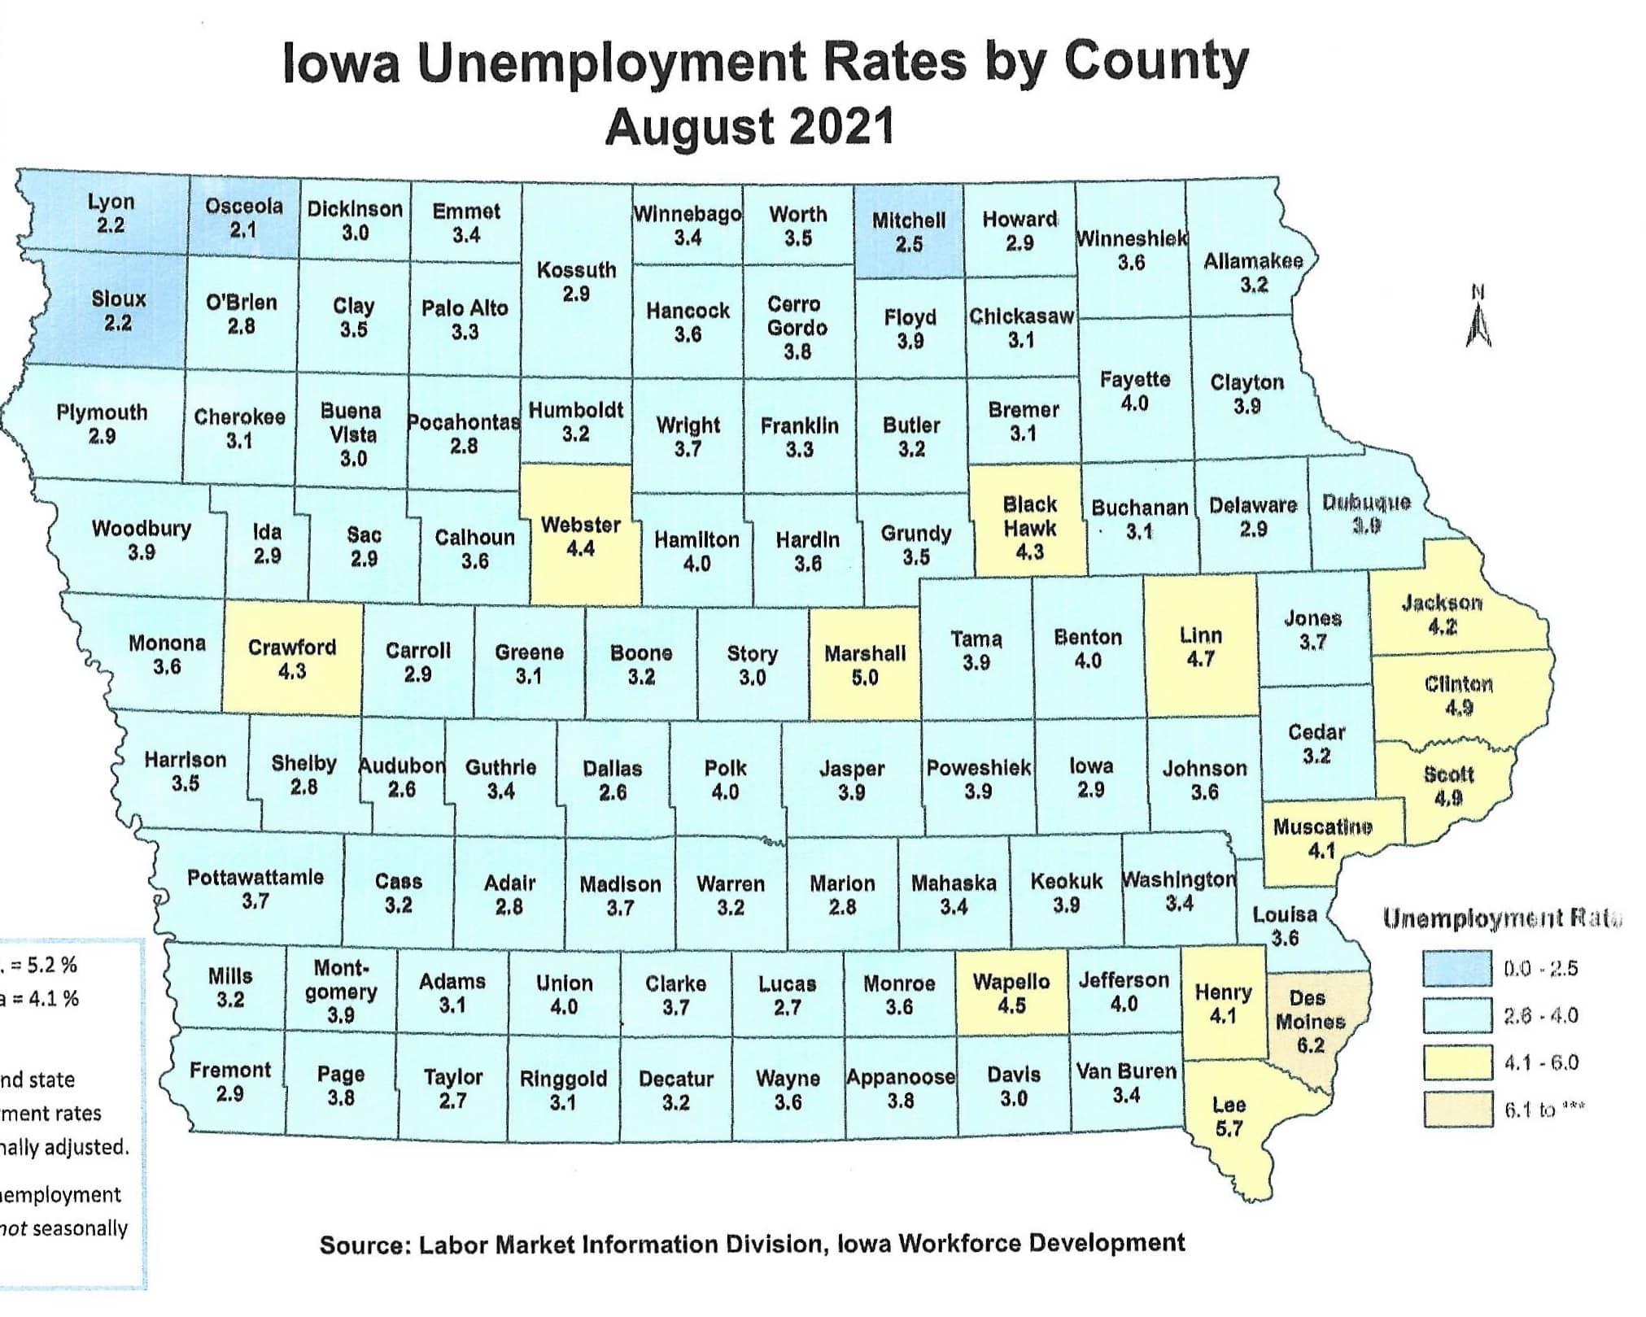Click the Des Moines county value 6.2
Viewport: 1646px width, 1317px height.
tap(1310, 1045)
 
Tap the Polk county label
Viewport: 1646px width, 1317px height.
tap(725, 768)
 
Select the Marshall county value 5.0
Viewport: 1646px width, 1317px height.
tap(864, 678)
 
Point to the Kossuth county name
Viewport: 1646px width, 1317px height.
tap(576, 270)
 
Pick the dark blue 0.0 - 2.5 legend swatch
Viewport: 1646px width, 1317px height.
tap(1456, 968)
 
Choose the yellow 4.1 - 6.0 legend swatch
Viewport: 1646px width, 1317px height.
tap(1456, 1062)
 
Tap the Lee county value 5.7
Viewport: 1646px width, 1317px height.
tap(1229, 1129)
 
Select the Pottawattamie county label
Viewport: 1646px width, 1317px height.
tap(255, 877)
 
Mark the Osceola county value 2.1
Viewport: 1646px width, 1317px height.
tap(242, 230)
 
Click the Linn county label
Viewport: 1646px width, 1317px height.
tap(1200, 635)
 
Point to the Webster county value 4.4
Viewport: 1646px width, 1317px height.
tap(580, 549)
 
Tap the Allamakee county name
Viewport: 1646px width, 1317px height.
tap(1253, 261)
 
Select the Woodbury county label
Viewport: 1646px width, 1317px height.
tap(142, 529)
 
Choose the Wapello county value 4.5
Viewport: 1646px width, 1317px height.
tap(1011, 1005)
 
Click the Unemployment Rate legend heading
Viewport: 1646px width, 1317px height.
tap(1502, 919)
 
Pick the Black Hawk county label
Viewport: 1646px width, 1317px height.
tap(1029, 516)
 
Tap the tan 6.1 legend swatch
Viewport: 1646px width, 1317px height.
tap(1456, 1109)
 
